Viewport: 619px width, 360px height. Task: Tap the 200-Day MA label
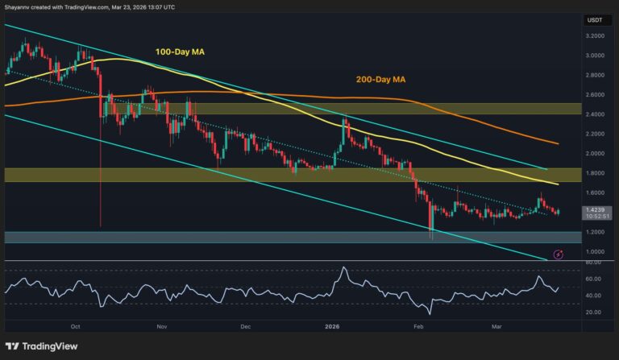click(x=380, y=79)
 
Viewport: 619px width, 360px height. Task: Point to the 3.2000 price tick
click(x=595, y=36)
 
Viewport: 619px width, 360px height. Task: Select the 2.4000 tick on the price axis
click(x=595, y=114)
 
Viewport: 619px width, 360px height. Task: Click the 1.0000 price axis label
click(x=595, y=251)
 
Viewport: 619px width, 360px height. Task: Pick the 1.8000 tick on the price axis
click(x=595, y=173)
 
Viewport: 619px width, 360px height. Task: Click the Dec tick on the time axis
click(x=246, y=327)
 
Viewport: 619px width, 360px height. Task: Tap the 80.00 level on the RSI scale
click(x=595, y=263)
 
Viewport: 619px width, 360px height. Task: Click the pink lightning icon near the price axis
click(x=558, y=254)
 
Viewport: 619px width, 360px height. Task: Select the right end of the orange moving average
click(x=559, y=143)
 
